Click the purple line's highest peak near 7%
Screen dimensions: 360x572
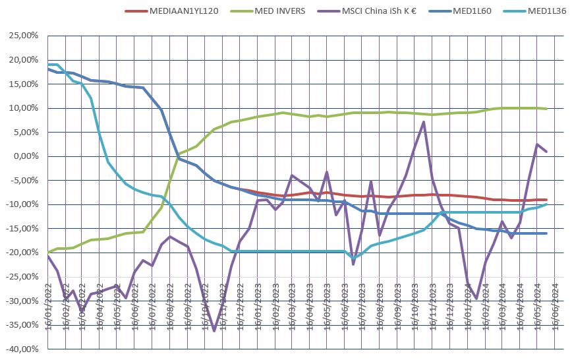[423, 122]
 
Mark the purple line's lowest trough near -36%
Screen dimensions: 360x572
[214, 330]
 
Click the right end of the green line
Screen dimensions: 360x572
[546, 109]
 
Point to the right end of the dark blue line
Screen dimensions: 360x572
[546, 233]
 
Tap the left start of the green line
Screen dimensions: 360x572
[47, 253]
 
